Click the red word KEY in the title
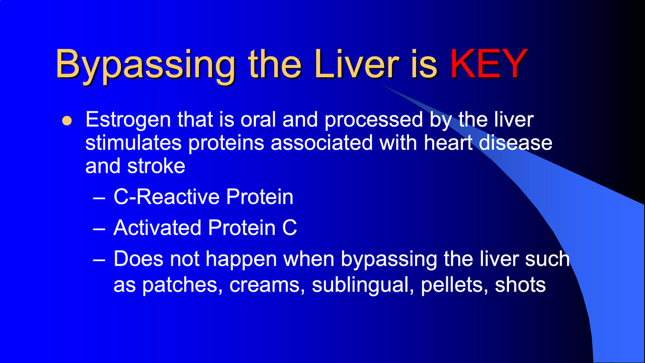tap(489, 64)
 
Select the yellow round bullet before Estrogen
tap(67, 121)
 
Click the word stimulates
tap(133, 143)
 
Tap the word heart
tap(448, 143)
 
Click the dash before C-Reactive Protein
tap(99, 198)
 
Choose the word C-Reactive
tap(167, 197)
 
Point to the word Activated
tap(157, 228)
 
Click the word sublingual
tap(363, 286)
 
